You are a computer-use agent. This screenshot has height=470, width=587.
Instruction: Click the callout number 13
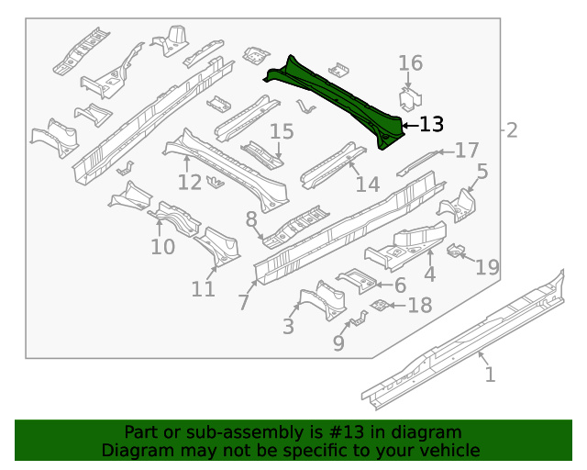point(431,124)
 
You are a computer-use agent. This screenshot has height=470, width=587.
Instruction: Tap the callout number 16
point(410,63)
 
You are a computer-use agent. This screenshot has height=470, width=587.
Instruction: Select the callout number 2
point(512,130)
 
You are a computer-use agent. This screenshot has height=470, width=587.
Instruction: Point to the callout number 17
point(467,151)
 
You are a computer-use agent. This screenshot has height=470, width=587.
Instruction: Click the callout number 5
point(482,171)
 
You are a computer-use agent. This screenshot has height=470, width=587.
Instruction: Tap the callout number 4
point(429,274)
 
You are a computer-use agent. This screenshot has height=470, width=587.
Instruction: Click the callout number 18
point(419,305)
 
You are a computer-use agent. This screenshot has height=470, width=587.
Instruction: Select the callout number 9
point(338,343)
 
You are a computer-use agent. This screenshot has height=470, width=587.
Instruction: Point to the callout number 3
point(288,326)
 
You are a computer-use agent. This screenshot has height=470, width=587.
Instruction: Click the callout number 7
point(243,301)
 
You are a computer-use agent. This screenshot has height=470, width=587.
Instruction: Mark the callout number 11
point(204,289)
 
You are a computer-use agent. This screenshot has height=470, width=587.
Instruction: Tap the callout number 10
point(162,247)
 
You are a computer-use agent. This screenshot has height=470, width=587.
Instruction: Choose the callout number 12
point(190,182)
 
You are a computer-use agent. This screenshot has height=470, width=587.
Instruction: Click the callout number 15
point(282,131)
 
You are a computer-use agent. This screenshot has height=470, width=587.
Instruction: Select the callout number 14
point(367,185)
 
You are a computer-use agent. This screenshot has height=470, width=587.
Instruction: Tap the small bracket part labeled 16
point(409,100)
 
